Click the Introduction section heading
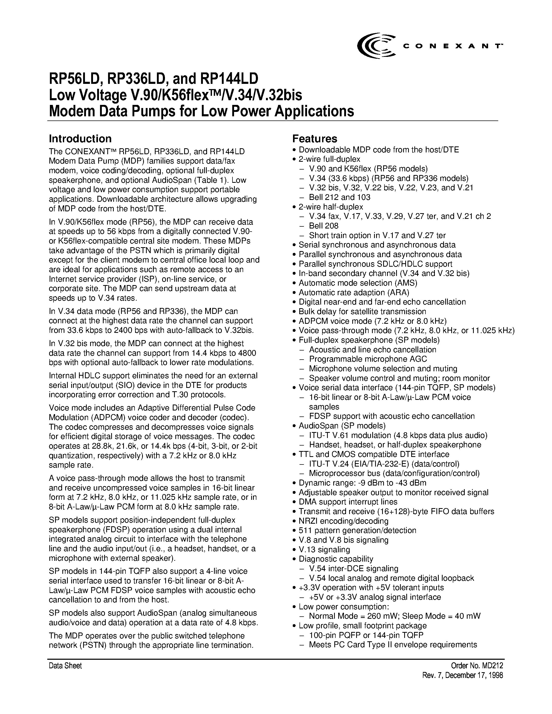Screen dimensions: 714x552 pyautogui.click(x=80, y=139)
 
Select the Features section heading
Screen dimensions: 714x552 pyautogui.click(x=315, y=139)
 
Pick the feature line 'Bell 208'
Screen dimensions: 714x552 pyautogui.click(x=323, y=226)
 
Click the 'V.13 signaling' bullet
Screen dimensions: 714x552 pyautogui.click(x=324, y=550)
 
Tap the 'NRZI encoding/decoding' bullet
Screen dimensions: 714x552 pyautogui.click(x=343, y=521)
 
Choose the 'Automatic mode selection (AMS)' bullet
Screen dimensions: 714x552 pyautogui.click(x=358, y=283)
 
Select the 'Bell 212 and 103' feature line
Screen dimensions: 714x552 pyautogui.click(x=340, y=197)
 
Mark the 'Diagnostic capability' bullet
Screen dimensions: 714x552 pyautogui.click(x=336, y=559)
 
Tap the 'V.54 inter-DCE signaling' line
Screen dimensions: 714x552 pyautogui.click(x=353, y=569)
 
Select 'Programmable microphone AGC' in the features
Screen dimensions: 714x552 pyautogui.click(x=368, y=359)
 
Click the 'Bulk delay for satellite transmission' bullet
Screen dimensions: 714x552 pyautogui.click(x=362, y=311)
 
